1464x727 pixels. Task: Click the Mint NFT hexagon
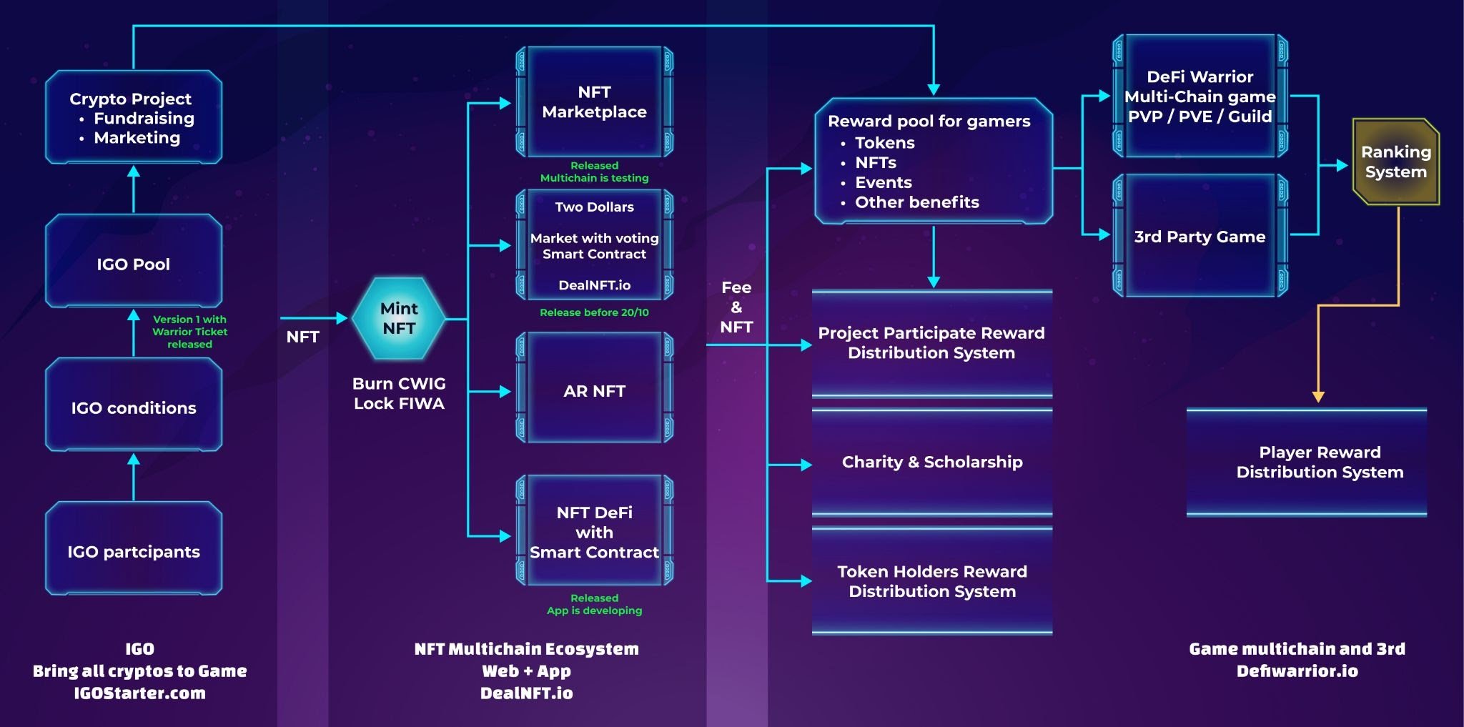[399, 319]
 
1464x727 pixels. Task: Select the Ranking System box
[1395, 162]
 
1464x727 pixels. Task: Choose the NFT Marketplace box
[594, 102]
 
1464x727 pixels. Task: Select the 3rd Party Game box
[1200, 237]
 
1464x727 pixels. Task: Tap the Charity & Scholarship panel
[932, 462]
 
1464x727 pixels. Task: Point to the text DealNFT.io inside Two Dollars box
[594, 285]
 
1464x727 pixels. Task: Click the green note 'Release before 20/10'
[594, 312]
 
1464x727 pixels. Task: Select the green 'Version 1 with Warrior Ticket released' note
[189, 332]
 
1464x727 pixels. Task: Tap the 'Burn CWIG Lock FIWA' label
[399, 394]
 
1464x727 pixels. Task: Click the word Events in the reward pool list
[884, 183]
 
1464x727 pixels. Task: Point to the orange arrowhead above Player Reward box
[1319, 397]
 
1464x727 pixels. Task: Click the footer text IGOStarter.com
[140, 693]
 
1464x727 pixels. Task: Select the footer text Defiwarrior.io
[1297, 671]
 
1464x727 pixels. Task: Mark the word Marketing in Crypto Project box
[137, 138]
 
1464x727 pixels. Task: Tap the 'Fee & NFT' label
[736, 307]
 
